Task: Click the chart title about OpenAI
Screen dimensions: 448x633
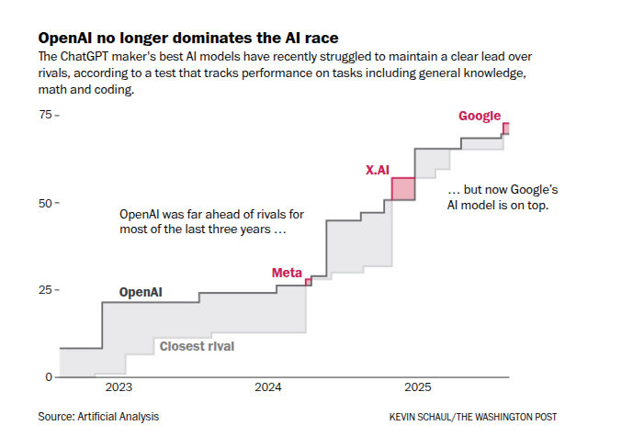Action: pyautogui.click(x=187, y=39)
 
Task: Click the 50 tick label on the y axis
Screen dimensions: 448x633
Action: pyautogui.click(x=44, y=202)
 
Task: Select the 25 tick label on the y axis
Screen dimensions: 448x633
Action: pyautogui.click(x=44, y=290)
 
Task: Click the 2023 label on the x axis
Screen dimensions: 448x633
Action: pyautogui.click(x=119, y=388)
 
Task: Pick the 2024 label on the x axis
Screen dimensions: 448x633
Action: pyautogui.click(x=268, y=388)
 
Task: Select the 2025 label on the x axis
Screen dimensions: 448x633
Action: pyautogui.click(x=418, y=388)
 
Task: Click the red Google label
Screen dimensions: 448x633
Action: pyautogui.click(x=480, y=117)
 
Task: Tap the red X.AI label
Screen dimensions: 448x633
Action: pyautogui.click(x=378, y=170)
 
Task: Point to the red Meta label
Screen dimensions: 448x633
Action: pyautogui.click(x=287, y=273)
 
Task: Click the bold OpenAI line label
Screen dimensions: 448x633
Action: pyautogui.click(x=141, y=292)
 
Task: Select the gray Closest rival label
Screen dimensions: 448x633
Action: pyautogui.click(x=197, y=346)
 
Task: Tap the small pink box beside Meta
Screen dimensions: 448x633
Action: pyautogui.click(x=309, y=282)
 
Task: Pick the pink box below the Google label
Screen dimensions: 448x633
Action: pyautogui.click(x=505, y=129)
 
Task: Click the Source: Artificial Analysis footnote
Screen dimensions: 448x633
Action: pyautogui.click(x=98, y=417)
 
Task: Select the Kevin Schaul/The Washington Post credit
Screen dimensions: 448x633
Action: pyautogui.click(x=473, y=417)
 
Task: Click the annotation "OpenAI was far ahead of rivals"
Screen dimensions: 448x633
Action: pyautogui.click(x=211, y=221)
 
